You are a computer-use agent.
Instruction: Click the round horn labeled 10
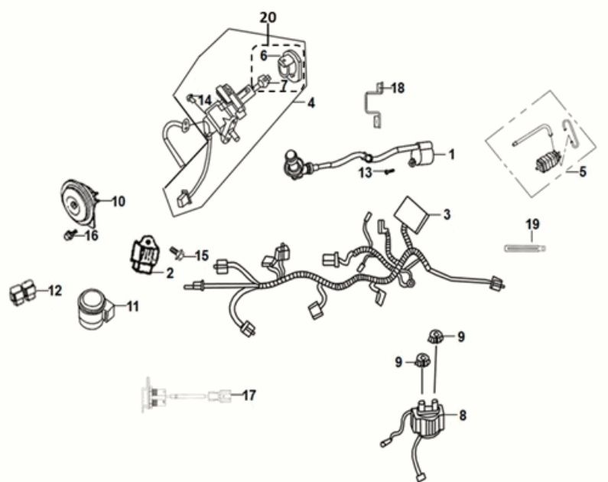[76, 201]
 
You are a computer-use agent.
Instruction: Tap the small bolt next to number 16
[70, 234]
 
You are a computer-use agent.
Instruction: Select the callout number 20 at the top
[267, 18]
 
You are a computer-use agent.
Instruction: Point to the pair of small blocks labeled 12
[22, 292]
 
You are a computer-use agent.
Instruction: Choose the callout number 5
[582, 172]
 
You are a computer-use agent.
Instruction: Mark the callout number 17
[248, 396]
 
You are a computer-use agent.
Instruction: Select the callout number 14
[204, 100]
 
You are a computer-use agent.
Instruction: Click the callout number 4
[311, 102]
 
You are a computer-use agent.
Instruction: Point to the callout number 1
[451, 155]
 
